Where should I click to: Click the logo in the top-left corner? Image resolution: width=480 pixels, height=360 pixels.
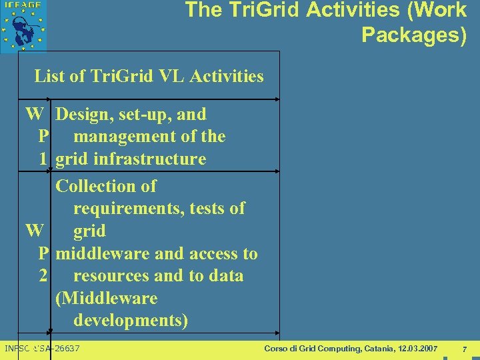pyautogui.click(x=23, y=25)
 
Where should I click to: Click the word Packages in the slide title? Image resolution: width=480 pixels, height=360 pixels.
pyautogui.click(x=413, y=35)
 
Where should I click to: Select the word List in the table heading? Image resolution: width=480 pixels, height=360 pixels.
pyautogui.click(x=50, y=76)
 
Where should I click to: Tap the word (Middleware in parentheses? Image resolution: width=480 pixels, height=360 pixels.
pyautogui.click(x=107, y=298)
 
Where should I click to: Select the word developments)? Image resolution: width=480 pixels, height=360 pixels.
pyautogui.click(x=131, y=320)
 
